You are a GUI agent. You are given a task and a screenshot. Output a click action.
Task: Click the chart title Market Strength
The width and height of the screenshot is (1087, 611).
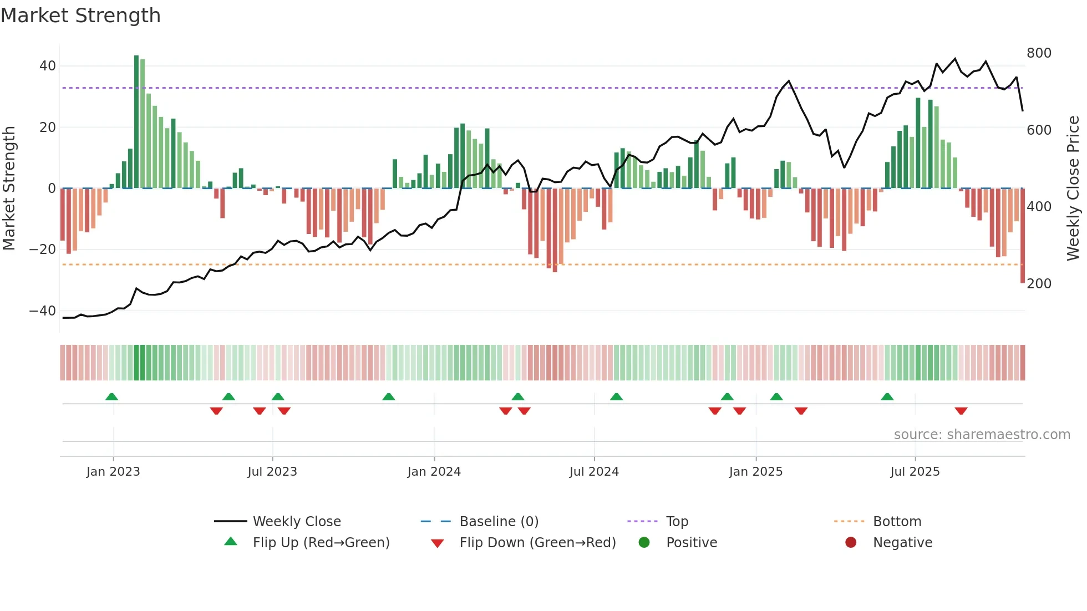coord(80,16)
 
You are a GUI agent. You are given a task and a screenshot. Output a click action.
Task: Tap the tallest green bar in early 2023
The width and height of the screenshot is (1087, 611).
coord(136,122)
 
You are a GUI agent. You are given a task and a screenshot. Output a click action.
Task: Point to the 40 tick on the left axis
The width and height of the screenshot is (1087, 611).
coord(48,66)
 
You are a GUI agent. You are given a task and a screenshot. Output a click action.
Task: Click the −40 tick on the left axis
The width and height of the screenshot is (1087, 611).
coord(43,311)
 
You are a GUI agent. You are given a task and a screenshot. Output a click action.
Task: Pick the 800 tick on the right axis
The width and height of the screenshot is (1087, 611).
coord(1039,53)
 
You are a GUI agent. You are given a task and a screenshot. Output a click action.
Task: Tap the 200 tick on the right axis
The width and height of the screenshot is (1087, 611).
coord(1039,284)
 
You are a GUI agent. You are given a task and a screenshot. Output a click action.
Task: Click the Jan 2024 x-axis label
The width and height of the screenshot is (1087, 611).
coord(434,472)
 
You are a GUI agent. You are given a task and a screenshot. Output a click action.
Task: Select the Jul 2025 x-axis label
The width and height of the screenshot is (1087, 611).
coord(915,472)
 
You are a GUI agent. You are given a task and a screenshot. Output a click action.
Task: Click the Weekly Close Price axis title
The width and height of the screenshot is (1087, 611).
coord(1073,189)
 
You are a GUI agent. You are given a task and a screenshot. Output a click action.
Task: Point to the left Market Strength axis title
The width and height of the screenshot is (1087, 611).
coord(9,189)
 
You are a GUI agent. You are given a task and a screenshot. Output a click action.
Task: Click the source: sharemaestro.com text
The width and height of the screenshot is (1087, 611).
coord(982,435)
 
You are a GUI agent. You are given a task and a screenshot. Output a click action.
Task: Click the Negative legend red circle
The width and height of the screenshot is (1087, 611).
coord(851,543)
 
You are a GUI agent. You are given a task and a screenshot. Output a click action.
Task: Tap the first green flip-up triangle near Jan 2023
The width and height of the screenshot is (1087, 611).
coord(111,397)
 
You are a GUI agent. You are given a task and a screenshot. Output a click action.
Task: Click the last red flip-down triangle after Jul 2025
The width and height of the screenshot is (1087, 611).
coord(961,411)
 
